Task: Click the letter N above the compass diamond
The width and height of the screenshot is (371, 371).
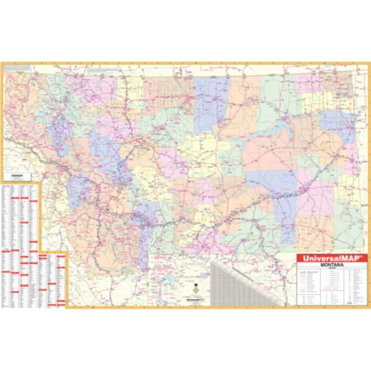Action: coord(195,284)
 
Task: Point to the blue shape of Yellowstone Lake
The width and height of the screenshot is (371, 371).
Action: coord(170,281)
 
